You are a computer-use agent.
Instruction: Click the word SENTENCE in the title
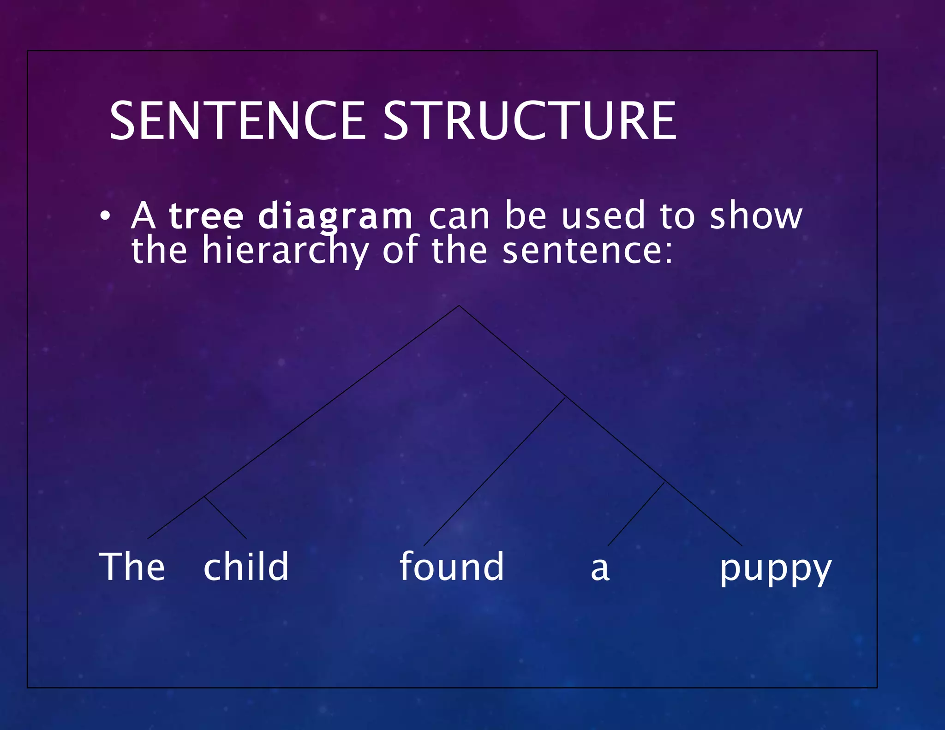tap(237, 121)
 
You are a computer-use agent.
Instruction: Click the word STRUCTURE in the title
tap(530, 121)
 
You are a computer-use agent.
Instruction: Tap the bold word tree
tap(206, 215)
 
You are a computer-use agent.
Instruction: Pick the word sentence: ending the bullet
tap(587, 251)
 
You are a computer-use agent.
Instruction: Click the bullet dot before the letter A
tap(105, 216)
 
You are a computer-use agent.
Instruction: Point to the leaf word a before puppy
tap(600, 569)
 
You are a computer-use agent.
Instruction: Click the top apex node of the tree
tap(459, 305)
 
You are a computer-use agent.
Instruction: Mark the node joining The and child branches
tap(204, 497)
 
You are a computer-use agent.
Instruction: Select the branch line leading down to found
tap(494, 472)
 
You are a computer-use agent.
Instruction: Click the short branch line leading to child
tap(226, 518)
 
